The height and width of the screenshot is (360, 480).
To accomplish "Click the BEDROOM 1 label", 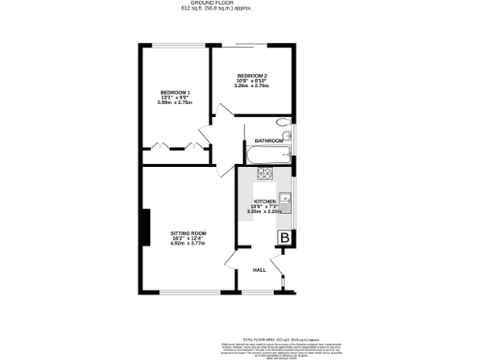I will (175, 92).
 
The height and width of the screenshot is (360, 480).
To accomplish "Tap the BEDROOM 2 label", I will (252, 75).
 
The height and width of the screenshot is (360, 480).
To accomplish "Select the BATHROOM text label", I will (269, 142).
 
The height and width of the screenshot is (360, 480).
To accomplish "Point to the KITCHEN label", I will (264, 202).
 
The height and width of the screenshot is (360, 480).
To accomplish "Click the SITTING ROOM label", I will (187, 232).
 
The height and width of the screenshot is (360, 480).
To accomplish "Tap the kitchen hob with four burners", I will (265, 173).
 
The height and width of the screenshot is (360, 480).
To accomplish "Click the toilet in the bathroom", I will (284, 123).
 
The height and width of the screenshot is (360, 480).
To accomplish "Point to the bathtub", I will (265, 152).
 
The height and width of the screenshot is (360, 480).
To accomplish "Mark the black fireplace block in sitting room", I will (145, 228).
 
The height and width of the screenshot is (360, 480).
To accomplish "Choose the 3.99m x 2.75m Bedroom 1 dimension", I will (175, 103).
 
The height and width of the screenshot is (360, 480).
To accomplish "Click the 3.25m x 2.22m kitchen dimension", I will (264, 213).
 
